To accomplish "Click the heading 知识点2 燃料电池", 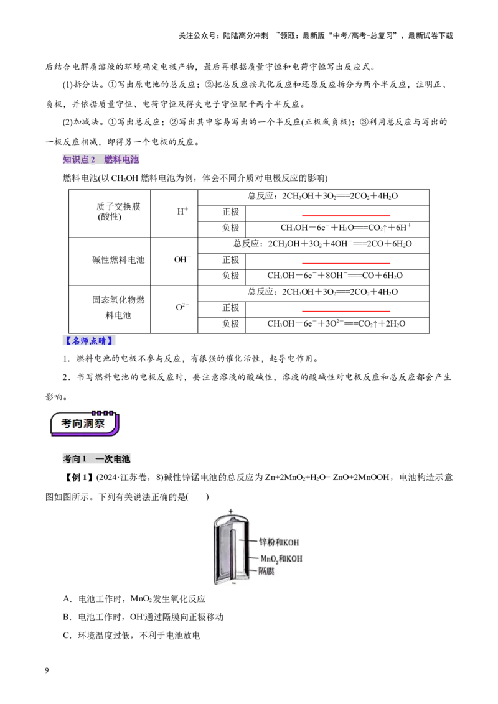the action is point(101,159).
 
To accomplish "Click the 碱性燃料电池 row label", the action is point(119,260).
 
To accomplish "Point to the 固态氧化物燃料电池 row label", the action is point(119,308).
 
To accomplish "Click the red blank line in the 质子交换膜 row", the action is point(346,216).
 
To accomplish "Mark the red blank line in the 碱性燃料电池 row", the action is point(346,263).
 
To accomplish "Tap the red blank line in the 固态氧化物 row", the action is point(346,311).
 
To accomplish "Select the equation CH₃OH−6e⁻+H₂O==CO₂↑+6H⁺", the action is point(345,228).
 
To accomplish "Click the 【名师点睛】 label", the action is point(89,341).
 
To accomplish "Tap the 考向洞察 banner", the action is point(85,424).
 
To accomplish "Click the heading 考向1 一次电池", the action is point(96,459).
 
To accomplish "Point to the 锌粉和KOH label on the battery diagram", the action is point(279,542).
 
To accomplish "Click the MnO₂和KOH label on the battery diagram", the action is point(281,559).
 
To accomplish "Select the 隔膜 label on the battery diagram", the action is point(266,571).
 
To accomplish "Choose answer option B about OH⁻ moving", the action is point(143,618).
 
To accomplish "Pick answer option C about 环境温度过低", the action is point(131,636).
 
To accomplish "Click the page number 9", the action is point(47,670).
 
